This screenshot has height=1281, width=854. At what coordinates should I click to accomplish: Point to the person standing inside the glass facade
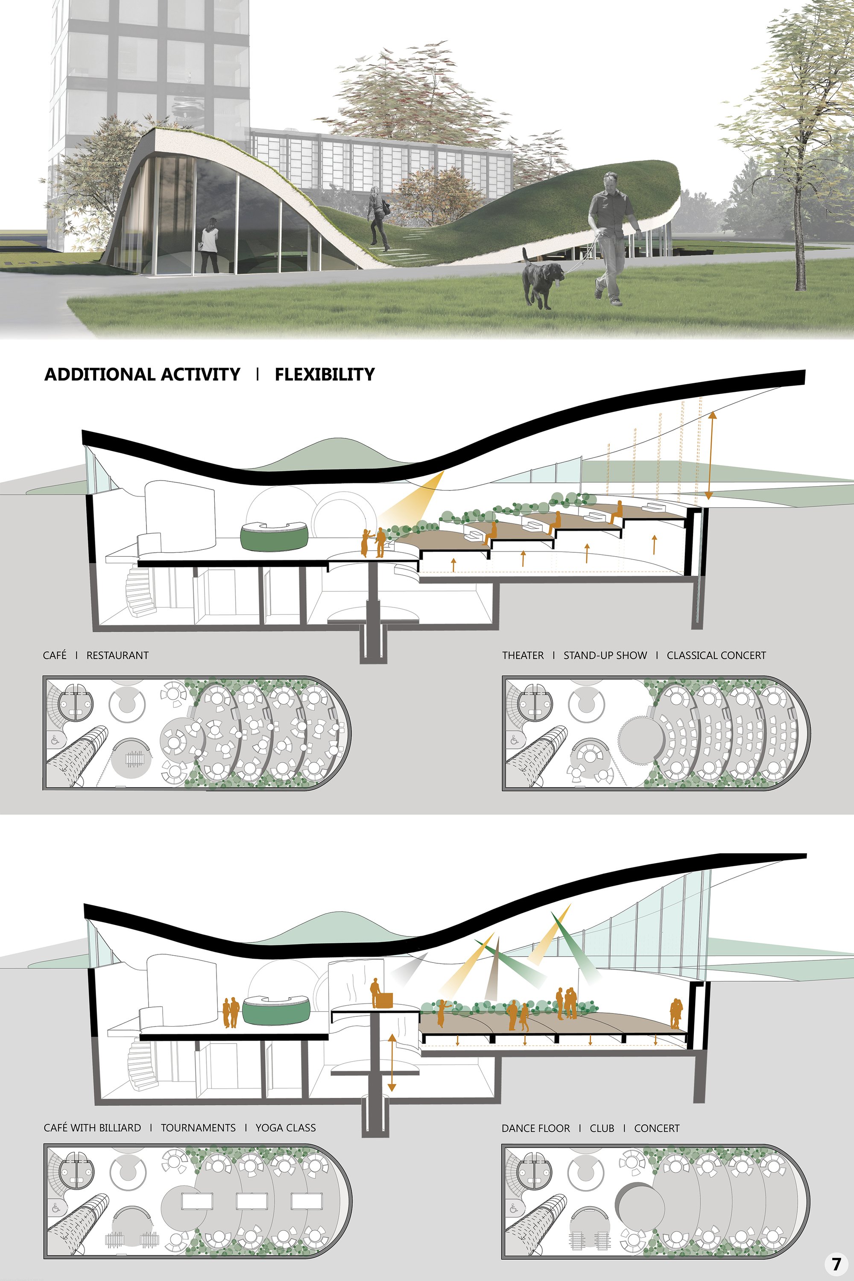coord(209,245)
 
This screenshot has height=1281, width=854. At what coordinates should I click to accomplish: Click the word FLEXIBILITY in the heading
coord(325,374)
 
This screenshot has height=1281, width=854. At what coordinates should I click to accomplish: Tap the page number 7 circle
coord(836,1263)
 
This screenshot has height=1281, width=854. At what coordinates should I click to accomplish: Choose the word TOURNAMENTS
coord(198,1127)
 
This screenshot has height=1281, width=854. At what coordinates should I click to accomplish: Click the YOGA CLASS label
coord(286,1127)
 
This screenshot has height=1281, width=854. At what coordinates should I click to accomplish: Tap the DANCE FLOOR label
coord(536,1128)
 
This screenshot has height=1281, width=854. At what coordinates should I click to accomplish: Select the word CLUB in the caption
coord(602,1128)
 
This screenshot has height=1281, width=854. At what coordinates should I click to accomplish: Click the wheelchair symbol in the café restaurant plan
coord(56,741)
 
